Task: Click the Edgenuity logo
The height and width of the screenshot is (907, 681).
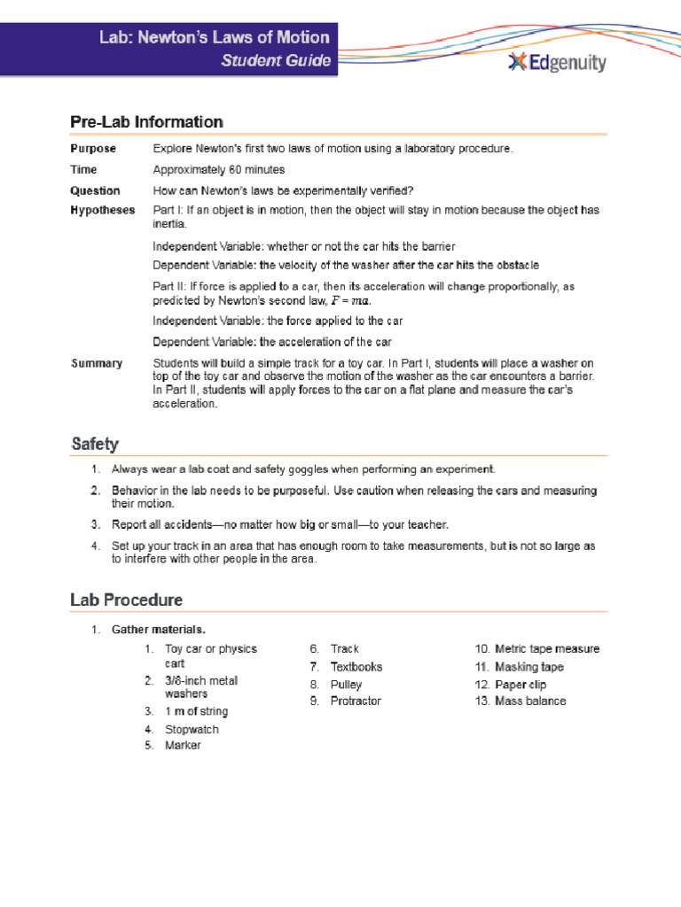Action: click(x=557, y=63)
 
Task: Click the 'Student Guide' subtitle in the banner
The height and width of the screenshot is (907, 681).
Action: click(x=276, y=61)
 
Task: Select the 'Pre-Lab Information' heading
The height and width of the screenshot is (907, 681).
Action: click(x=146, y=122)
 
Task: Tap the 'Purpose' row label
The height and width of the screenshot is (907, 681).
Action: click(x=93, y=149)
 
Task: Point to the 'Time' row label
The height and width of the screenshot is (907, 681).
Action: click(x=84, y=169)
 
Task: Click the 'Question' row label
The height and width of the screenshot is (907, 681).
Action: click(x=95, y=190)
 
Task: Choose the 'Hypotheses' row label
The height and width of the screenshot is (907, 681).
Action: click(x=103, y=210)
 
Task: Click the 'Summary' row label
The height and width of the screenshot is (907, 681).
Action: click(x=97, y=363)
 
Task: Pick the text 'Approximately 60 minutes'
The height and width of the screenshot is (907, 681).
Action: click(x=219, y=169)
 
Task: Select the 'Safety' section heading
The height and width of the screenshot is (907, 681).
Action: click(x=95, y=444)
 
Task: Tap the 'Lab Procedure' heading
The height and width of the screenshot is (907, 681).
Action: click(x=127, y=600)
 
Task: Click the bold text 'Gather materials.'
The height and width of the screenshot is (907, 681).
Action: click(x=159, y=630)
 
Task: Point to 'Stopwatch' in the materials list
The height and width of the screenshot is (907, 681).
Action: click(x=192, y=730)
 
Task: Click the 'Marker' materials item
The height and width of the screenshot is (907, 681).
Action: click(x=183, y=746)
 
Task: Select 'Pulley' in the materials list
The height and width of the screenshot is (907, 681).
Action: click(x=346, y=685)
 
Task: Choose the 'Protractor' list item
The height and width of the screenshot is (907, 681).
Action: click(x=356, y=702)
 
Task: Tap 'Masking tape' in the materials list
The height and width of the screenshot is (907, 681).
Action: click(x=529, y=667)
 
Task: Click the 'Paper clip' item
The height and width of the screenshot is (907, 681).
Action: click(x=521, y=685)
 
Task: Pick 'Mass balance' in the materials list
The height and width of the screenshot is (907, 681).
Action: click(x=530, y=702)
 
